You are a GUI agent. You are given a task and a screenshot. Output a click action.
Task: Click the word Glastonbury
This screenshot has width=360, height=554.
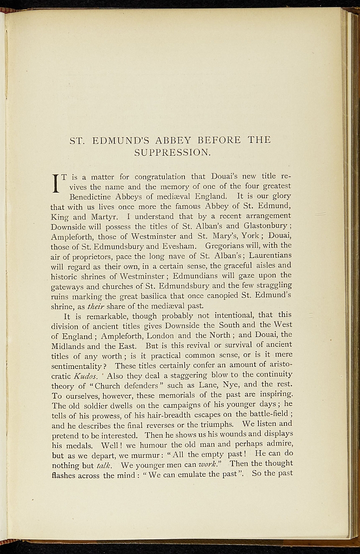click(x=265, y=226)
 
